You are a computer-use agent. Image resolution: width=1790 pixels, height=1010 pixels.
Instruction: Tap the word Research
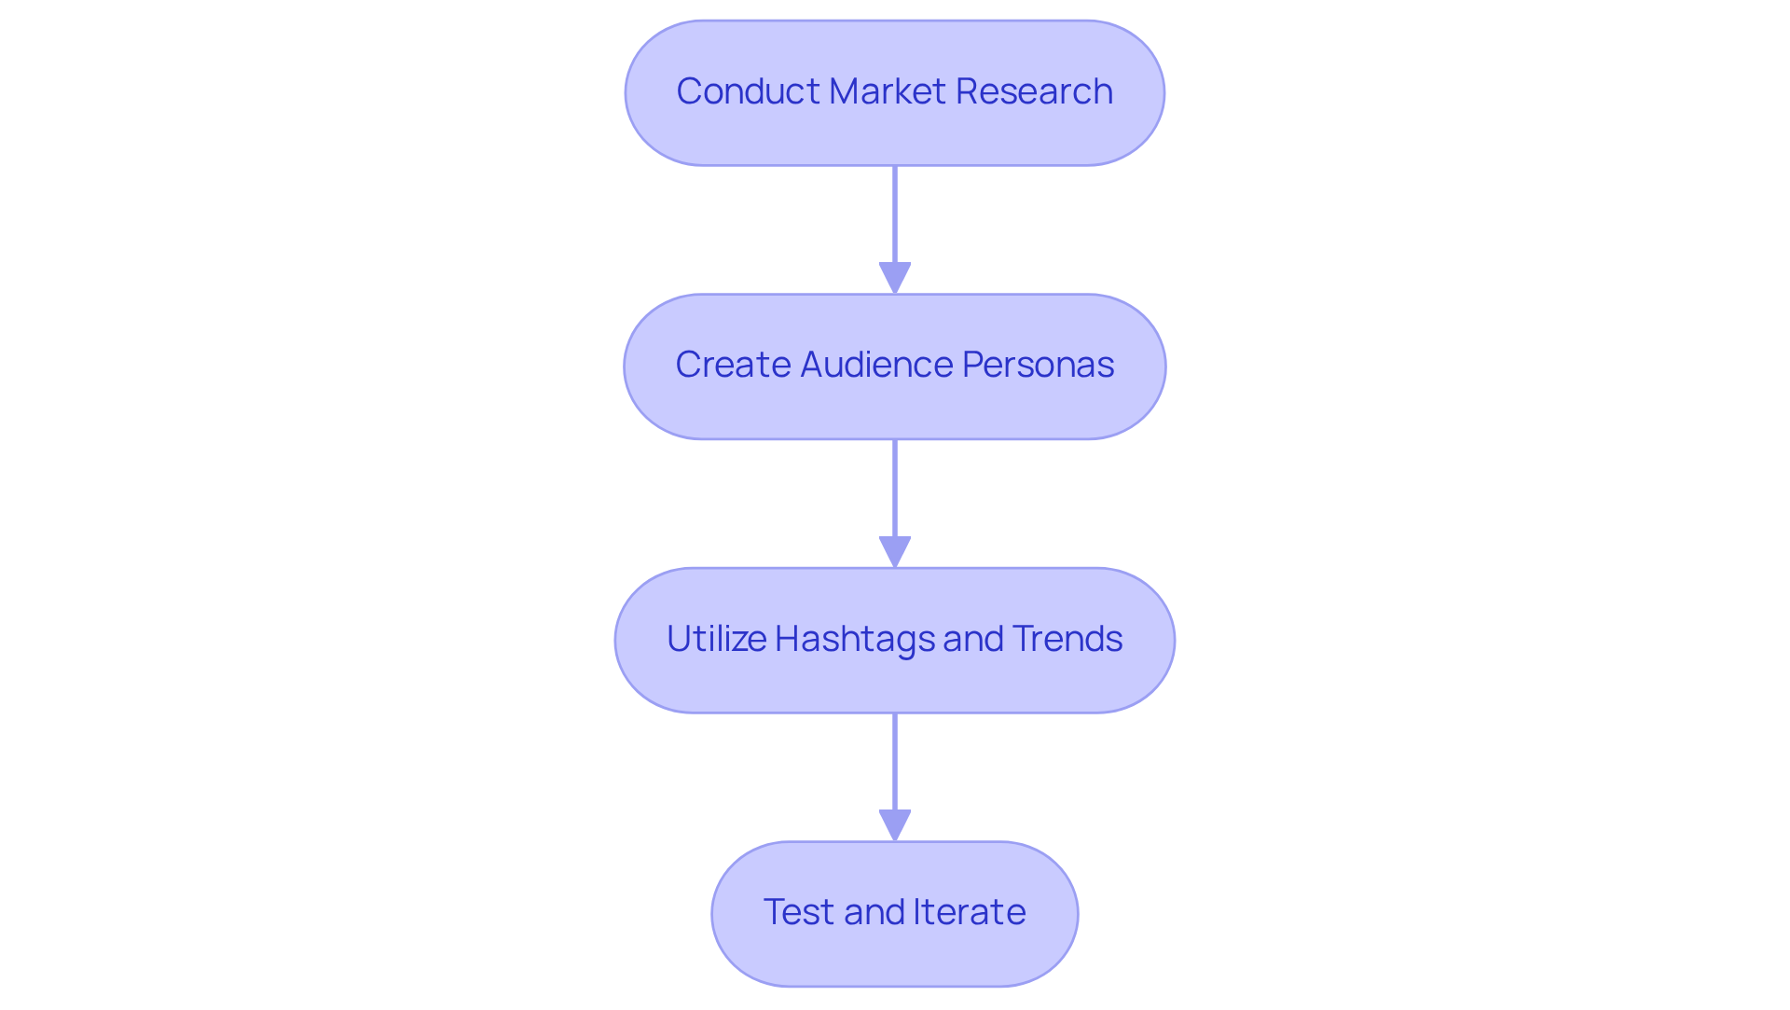(1034, 91)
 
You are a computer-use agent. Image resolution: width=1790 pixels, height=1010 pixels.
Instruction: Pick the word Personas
(1038, 365)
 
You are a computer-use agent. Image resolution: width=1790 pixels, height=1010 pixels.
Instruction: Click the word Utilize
(716, 639)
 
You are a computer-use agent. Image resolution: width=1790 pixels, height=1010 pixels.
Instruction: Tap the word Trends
(1067, 639)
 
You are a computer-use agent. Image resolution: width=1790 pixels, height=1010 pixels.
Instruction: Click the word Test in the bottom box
(798, 912)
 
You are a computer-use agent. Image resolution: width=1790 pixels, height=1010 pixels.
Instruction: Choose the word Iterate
(969, 912)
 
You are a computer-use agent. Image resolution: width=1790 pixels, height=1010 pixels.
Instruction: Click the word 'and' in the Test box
(874, 912)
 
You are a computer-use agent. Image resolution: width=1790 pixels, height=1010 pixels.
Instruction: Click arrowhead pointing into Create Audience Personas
(895, 279)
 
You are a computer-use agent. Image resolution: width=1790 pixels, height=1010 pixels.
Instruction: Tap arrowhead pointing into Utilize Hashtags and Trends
(895, 552)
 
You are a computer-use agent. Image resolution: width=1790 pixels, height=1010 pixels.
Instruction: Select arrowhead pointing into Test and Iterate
(895, 825)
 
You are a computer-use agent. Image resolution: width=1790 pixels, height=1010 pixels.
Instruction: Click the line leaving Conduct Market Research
(895, 214)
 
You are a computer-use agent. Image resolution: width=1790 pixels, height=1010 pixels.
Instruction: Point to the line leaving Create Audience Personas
(895, 488)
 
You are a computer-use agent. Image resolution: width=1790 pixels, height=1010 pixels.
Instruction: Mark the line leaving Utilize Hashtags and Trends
(895, 761)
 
